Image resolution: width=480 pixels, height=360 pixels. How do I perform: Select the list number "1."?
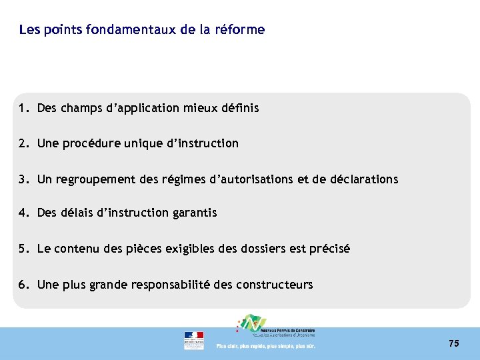click(25, 107)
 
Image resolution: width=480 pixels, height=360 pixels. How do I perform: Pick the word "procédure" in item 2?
click(95, 143)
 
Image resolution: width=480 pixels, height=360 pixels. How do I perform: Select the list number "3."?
click(25, 179)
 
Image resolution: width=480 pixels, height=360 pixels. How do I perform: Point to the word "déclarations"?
click(364, 179)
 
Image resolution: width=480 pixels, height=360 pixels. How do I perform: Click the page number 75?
click(454, 343)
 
